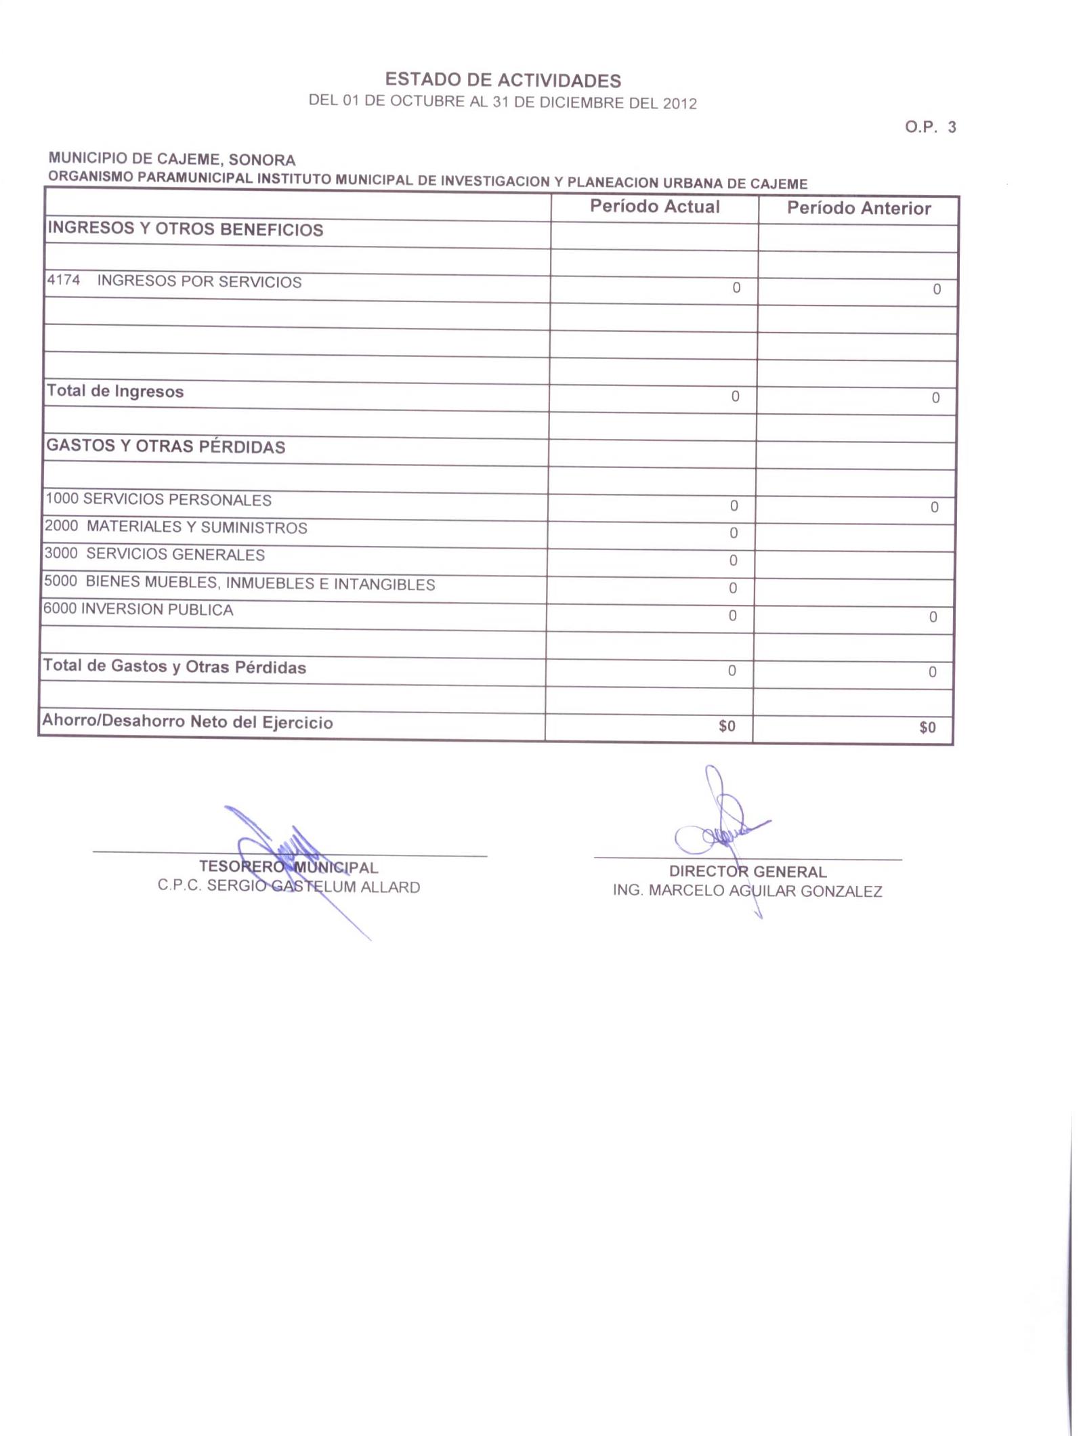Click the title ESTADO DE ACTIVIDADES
point(503,81)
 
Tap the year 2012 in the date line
point(679,104)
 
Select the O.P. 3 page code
point(930,127)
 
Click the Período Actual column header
point(654,207)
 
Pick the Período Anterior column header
point(858,208)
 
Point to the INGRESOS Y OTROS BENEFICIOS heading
point(185,229)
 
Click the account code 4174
point(63,280)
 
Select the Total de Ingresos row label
point(115,392)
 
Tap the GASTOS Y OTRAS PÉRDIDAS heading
point(166,446)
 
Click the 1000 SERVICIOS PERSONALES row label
point(158,500)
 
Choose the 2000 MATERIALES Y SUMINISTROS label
point(176,527)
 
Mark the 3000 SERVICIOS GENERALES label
point(155,554)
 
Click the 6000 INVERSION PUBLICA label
point(139,610)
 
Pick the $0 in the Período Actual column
point(726,726)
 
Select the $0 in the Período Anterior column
point(927,727)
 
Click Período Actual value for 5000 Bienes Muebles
point(733,588)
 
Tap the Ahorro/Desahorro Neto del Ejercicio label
point(188,721)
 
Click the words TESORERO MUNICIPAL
point(289,868)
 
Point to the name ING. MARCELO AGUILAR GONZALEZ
point(747,891)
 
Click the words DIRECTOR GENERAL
point(748,872)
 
